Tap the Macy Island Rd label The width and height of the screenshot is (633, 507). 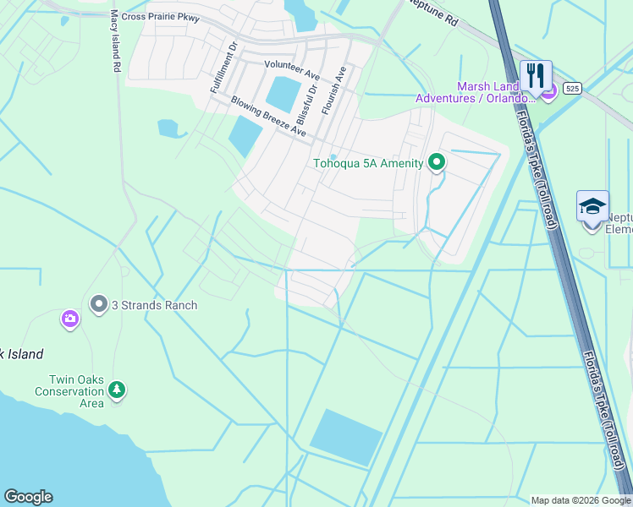115,41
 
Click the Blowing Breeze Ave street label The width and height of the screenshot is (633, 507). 268,116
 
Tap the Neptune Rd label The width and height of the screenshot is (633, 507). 431,13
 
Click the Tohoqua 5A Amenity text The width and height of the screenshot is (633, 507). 367,163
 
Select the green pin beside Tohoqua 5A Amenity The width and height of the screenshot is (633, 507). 437,161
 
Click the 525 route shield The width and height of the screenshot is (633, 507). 573,88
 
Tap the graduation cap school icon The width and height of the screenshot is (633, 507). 592,206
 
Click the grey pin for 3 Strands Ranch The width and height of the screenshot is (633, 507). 99,303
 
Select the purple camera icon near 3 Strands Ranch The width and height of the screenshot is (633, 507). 69,319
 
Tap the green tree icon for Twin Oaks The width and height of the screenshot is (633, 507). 117,390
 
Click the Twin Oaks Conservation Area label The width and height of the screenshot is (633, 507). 69,391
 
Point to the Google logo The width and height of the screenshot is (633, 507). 28,497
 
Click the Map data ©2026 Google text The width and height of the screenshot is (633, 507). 580,500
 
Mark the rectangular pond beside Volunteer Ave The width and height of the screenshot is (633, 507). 284,94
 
